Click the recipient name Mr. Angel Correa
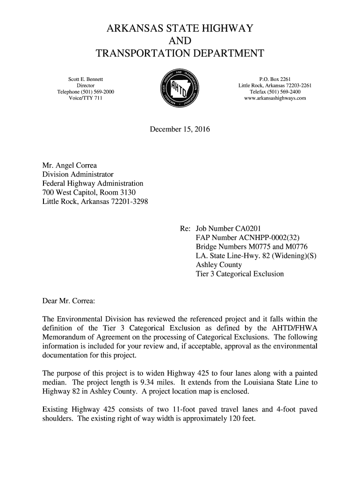point(70,165)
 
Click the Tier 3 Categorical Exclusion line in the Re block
point(240,274)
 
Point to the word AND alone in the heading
point(180,41)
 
